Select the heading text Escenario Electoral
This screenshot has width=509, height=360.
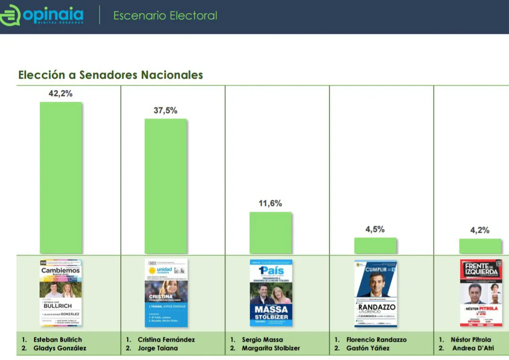[165, 16]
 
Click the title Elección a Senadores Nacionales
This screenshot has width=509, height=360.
[110, 75]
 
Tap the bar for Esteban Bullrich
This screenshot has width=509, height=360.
[61, 178]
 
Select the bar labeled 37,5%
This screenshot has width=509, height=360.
[165, 186]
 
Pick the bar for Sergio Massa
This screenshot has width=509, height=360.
[271, 233]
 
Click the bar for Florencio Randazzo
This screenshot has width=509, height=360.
[375, 245]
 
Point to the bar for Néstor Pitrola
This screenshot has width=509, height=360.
[480, 246]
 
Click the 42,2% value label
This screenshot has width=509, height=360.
[61, 94]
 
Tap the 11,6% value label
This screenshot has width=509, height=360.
[271, 204]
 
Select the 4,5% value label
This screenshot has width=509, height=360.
[375, 229]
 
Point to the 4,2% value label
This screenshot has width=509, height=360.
[480, 230]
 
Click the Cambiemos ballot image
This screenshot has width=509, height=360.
[61, 293]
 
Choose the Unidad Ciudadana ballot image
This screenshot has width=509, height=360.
[166, 293]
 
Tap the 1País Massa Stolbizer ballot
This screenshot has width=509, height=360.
[271, 293]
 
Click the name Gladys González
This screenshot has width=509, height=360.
[59, 349]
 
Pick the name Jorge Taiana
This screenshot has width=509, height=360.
[158, 349]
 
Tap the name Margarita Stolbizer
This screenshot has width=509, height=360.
[271, 349]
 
